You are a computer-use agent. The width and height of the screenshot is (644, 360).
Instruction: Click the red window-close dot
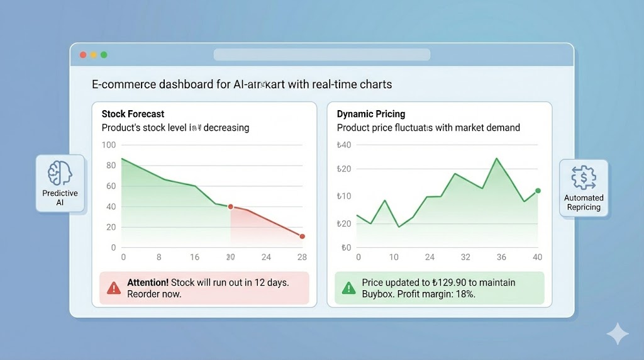[x=82, y=55]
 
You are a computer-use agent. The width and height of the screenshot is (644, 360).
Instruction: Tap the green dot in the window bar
[x=104, y=55]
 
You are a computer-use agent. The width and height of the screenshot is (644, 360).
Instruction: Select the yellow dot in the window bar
[x=93, y=55]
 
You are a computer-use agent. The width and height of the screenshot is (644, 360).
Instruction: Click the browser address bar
[x=321, y=55]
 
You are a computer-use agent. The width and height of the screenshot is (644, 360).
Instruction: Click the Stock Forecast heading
[x=133, y=114]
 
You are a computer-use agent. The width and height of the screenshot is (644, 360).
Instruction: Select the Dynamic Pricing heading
[x=371, y=114]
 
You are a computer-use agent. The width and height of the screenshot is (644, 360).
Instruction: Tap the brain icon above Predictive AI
[x=60, y=172]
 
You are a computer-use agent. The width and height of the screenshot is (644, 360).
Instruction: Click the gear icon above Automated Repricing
[x=583, y=177]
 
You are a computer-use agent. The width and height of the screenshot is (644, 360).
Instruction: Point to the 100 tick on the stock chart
[x=109, y=145]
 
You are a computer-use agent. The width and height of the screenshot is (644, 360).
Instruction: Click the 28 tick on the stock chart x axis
[x=302, y=257]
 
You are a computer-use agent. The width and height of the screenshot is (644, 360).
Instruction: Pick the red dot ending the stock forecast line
[x=303, y=237]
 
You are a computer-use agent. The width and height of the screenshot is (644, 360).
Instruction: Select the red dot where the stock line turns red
[x=230, y=206]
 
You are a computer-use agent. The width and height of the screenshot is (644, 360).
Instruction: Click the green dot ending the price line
[x=538, y=191]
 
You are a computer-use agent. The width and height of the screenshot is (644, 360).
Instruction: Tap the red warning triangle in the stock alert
[x=113, y=288]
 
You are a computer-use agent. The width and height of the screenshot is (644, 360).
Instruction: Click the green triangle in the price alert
[x=348, y=288]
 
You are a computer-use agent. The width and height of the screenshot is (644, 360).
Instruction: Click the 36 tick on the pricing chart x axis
[x=501, y=257]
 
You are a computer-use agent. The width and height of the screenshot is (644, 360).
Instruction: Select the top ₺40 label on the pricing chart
[x=344, y=145]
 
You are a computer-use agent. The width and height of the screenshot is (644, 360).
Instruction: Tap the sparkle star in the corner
[x=618, y=334]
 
